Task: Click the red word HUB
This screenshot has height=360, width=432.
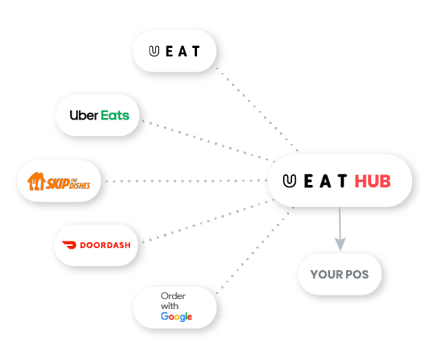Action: coord(373,181)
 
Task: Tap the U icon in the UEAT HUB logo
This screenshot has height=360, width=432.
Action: coord(289,181)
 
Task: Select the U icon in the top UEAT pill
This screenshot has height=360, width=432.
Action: coord(154,51)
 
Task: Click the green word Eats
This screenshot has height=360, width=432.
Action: coord(115,115)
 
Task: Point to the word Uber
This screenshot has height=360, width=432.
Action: coord(84,115)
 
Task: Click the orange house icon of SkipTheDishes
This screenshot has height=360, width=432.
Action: coord(36,181)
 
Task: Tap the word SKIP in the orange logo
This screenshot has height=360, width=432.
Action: coord(58,183)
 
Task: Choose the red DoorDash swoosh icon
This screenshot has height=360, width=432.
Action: coord(69,245)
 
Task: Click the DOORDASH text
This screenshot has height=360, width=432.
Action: coord(105,245)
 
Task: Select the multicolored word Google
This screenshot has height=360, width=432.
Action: coord(176,317)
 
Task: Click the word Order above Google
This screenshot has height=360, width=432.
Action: coord(173,296)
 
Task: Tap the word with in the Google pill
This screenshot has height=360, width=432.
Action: coord(170,306)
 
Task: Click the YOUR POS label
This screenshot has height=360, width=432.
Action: coord(339,275)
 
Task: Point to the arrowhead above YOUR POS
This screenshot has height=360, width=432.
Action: coord(340,244)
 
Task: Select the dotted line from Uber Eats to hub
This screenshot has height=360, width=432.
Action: coord(208,141)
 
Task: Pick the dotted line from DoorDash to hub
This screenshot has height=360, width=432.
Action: coord(208,221)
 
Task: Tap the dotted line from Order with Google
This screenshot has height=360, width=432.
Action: coord(255,250)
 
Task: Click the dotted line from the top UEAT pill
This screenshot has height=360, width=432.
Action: coord(257,109)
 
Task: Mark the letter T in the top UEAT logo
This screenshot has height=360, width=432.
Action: coord(196,51)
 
